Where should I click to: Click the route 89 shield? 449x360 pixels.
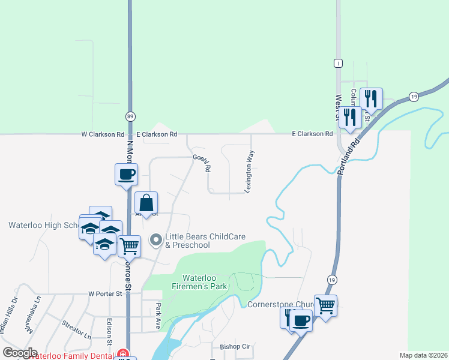pyautogui.click(x=130, y=116)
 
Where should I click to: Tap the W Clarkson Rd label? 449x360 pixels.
pyautogui.click(x=103, y=134)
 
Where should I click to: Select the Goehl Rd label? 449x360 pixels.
pyautogui.click(x=202, y=163)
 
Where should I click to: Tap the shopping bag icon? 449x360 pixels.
pyautogui.click(x=146, y=202)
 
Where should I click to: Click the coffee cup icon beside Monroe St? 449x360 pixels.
pyautogui.click(x=126, y=175)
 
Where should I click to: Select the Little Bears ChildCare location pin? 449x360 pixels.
pyautogui.click(x=156, y=241)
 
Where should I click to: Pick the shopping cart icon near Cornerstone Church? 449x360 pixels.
pyautogui.click(x=325, y=305)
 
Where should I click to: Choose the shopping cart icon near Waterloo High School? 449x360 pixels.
pyautogui.click(x=129, y=245)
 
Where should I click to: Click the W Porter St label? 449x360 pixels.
pyautogui.click(x=105, y=294)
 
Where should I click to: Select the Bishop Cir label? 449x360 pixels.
pyautogui.click(x=235, y=347)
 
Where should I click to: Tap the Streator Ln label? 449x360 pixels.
pyautogui.click(x=76, y=330)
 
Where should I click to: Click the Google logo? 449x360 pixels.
pyautogui.click(x=20, y=353)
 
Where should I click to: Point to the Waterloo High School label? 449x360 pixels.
pyautogui.click(x=44, y=226)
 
